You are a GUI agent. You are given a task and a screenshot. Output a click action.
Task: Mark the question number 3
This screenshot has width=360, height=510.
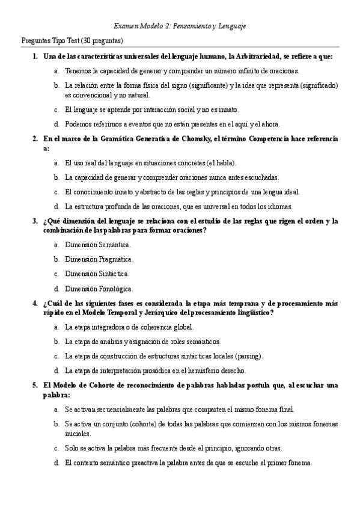click(35, 221)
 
